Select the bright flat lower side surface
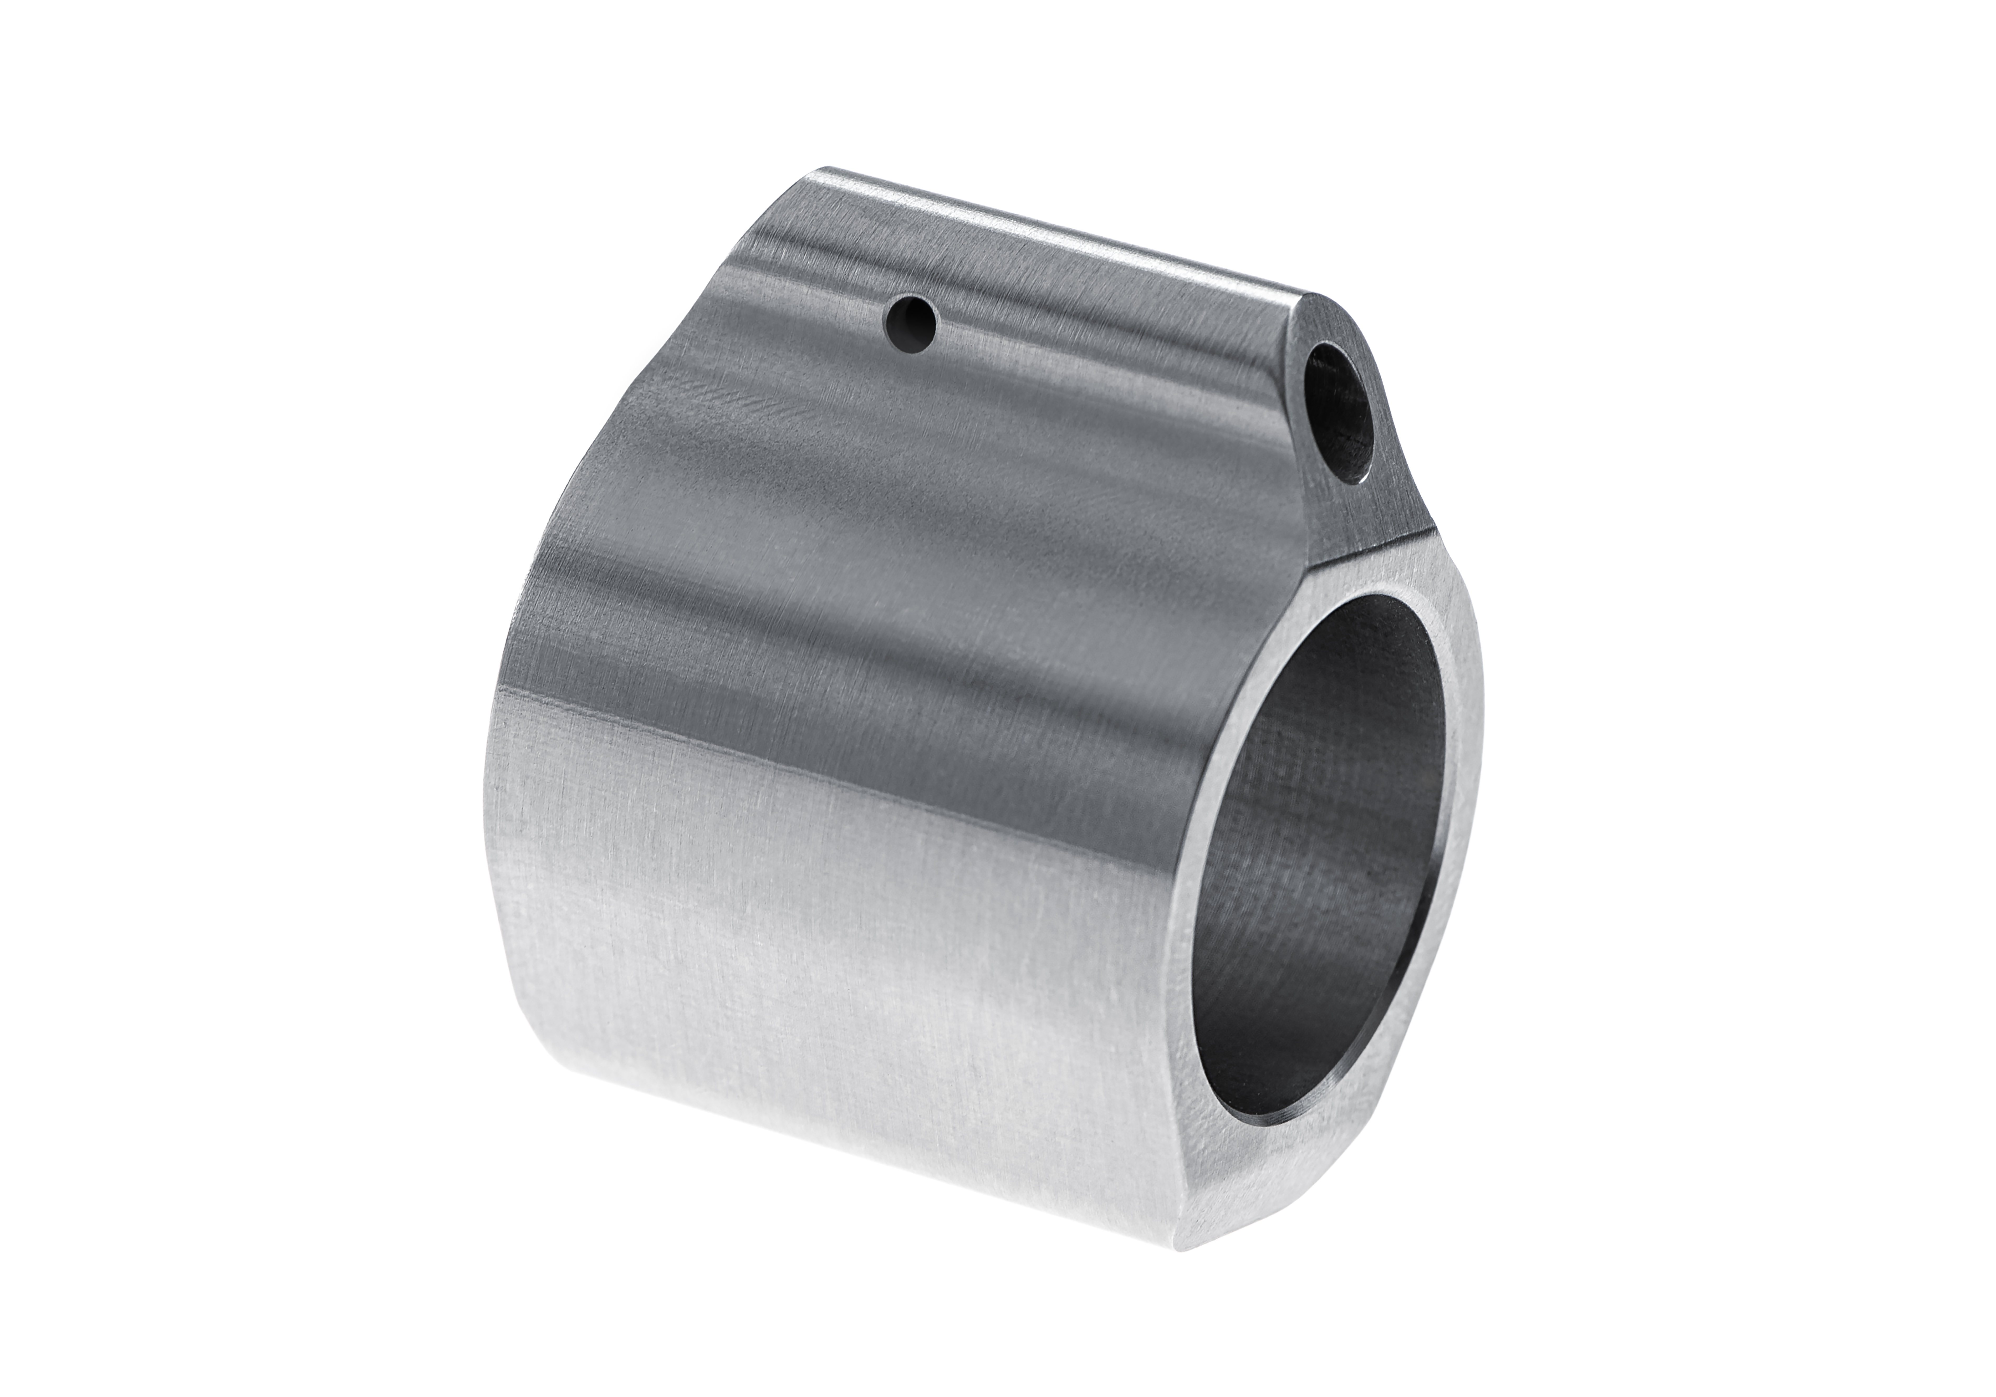(x=826, y=956)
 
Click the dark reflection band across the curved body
(x=869, y=608)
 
